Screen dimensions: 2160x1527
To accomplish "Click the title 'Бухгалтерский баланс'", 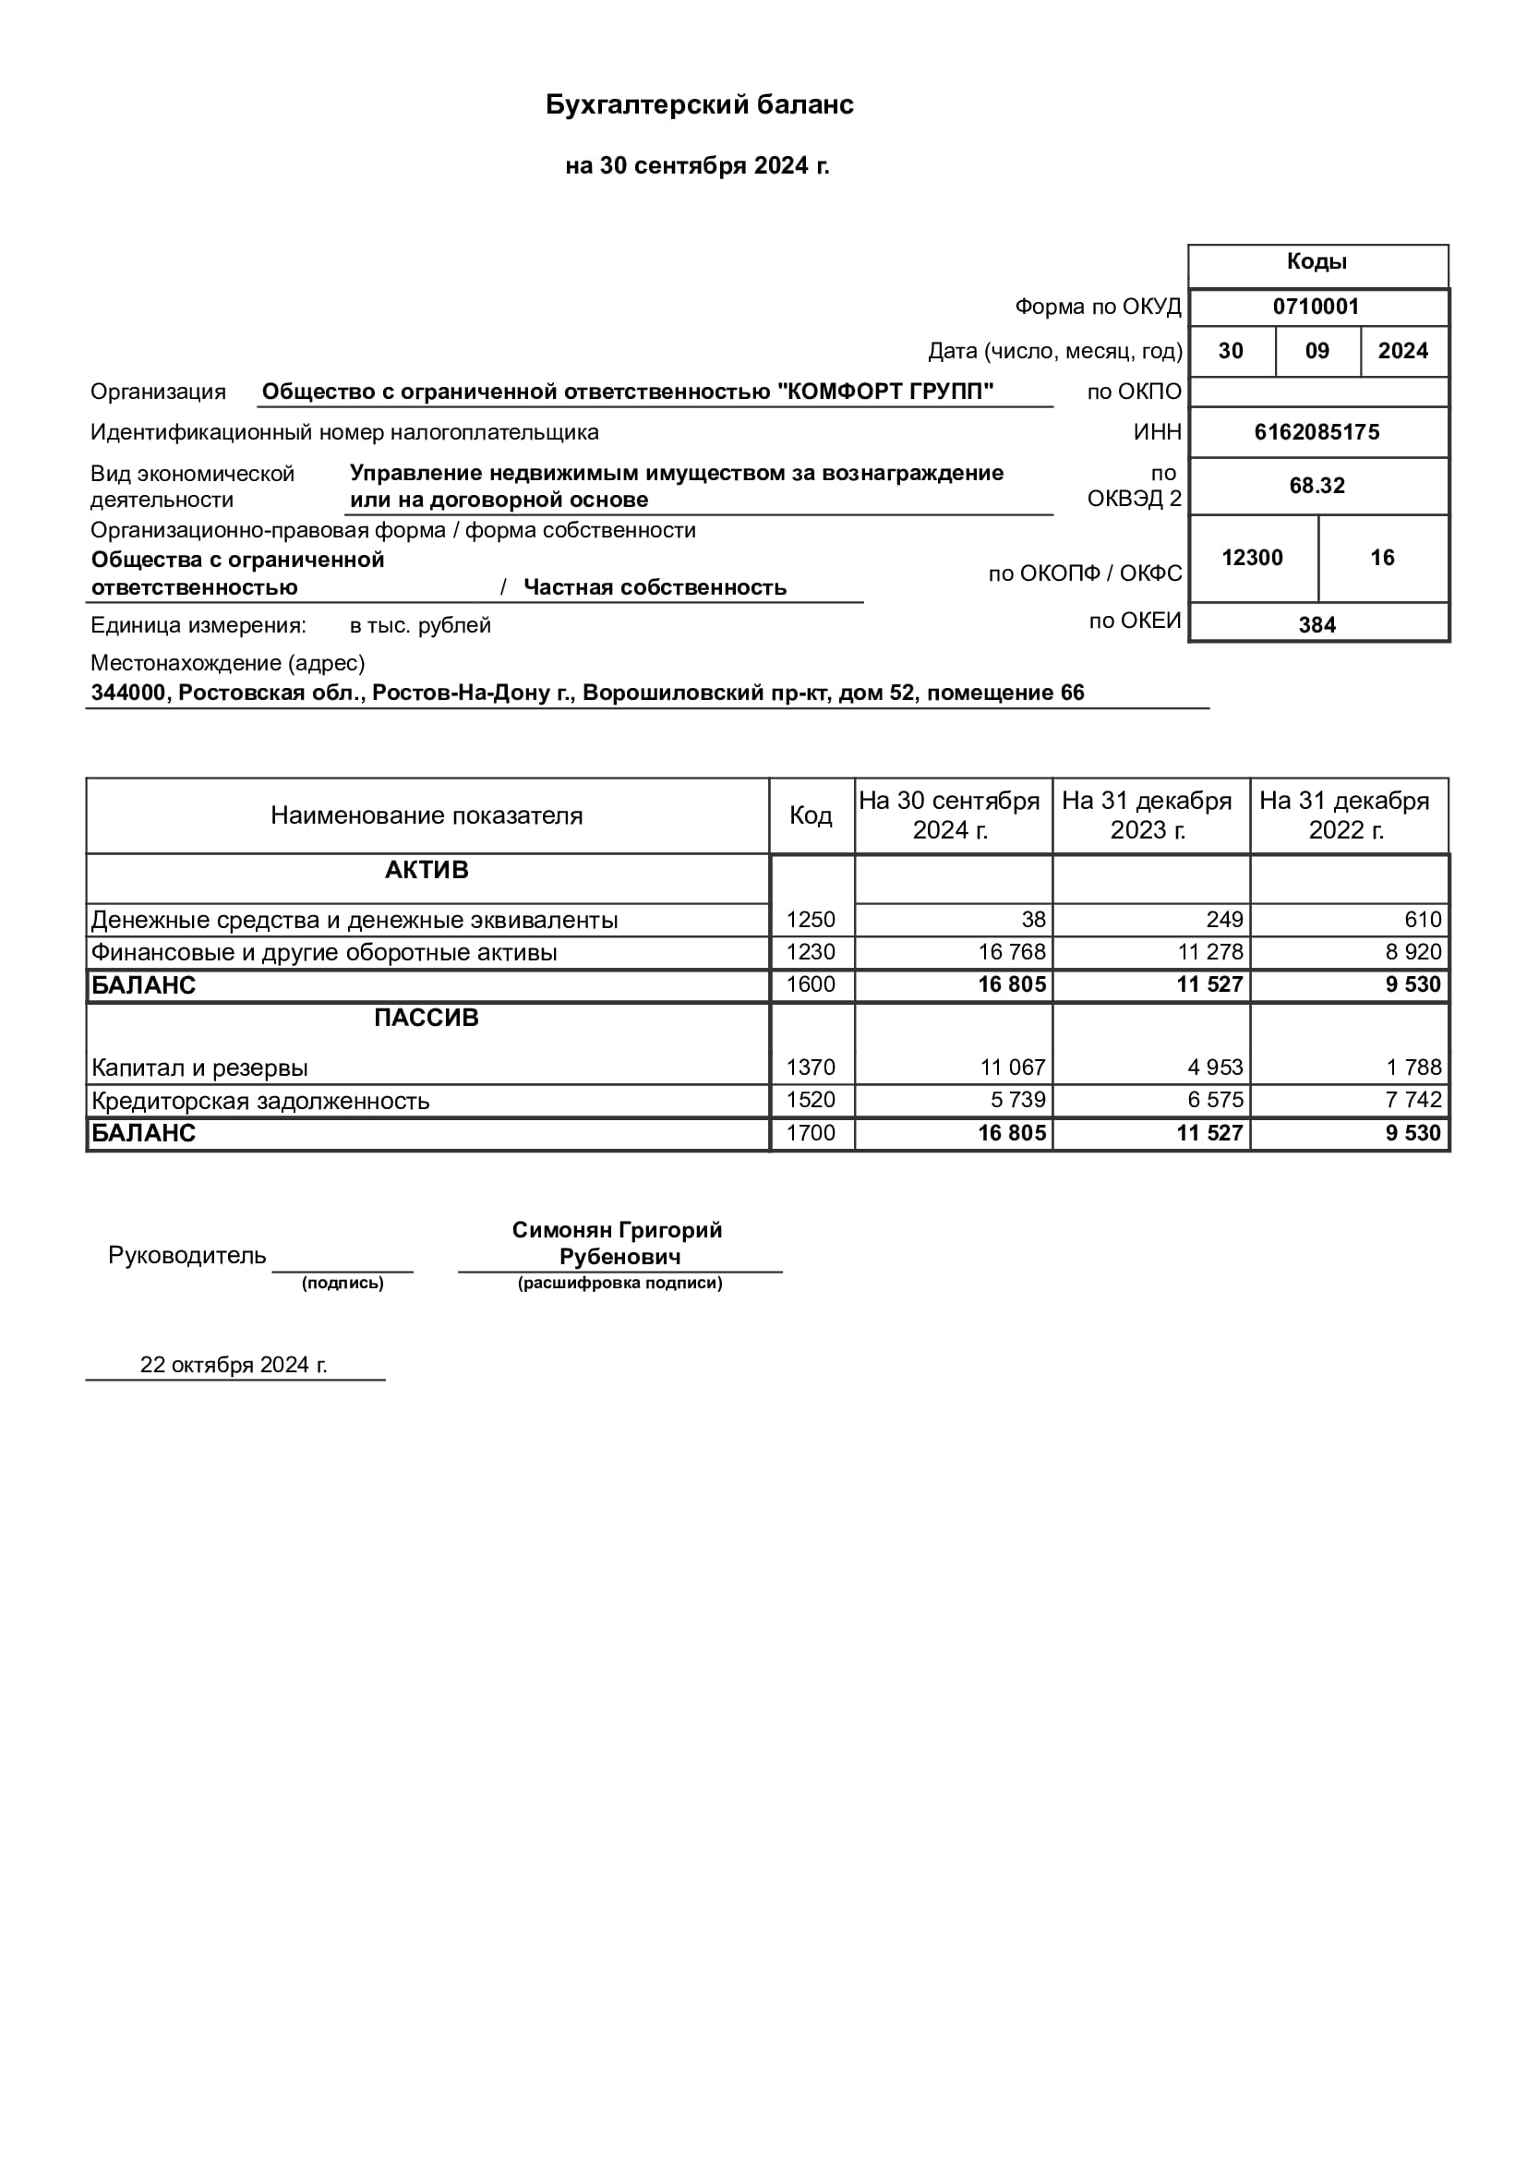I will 700,104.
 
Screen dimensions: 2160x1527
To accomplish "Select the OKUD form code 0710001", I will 1316,307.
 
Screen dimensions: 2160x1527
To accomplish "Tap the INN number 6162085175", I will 1317,433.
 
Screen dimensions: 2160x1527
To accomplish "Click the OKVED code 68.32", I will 1317,487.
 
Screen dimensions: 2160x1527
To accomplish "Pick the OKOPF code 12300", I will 1252,558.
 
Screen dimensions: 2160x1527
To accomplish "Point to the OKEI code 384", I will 1317,624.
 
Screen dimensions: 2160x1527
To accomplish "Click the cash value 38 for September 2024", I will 1032,920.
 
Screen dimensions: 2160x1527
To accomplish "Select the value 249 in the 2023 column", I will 1224,920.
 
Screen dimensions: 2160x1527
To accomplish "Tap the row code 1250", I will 811,920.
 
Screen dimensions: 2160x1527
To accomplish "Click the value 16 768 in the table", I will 1011,952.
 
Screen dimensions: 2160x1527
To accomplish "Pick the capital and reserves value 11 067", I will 1012,1068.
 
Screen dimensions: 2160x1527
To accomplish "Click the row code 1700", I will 811,1133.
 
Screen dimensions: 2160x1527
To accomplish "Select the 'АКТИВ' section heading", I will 426,870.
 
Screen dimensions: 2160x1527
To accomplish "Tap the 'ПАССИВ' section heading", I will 426,1018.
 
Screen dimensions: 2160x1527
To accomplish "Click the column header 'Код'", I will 811,815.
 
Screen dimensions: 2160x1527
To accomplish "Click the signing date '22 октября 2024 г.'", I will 234,1365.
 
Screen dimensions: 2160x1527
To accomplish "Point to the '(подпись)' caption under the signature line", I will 343,1284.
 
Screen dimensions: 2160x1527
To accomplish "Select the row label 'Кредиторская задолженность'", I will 260,1101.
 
